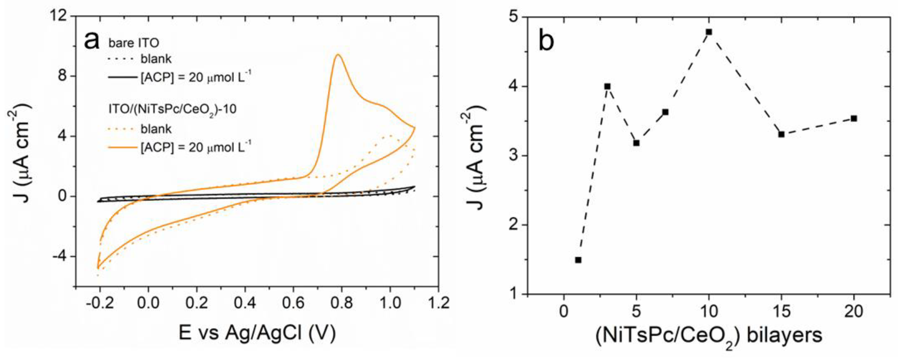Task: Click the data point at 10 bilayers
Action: pos(709,32)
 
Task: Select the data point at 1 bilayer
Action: pos(578,260)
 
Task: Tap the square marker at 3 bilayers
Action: pos(607,86)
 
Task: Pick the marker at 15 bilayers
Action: pos(781,134)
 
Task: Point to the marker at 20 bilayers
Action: pos(854,118)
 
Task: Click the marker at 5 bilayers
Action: pos(636,143)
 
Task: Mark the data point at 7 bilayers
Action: pos(665,112)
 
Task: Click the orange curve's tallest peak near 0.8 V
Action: pos(337,55)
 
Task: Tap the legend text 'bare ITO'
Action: pos(134,43)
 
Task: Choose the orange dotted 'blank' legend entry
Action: pos(156,129)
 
